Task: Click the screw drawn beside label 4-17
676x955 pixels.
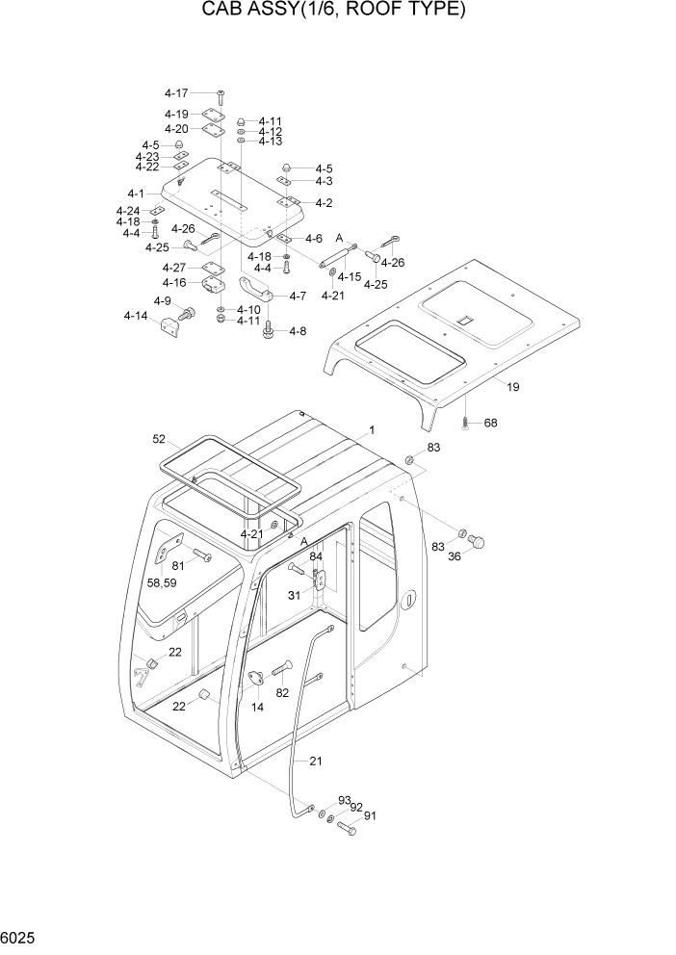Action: coord(220,94)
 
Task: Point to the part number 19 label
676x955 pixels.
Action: coord(513,387)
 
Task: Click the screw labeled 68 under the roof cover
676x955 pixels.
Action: coord(465,422)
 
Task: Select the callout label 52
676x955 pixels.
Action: coord(159,439)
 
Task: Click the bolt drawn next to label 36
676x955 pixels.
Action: coord(474,541)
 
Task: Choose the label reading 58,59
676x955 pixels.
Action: coord(161,583)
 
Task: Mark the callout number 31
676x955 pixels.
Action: coord(294,595)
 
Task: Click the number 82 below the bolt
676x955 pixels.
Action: coord(282,693)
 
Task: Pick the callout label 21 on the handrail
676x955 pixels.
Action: coord(315,761)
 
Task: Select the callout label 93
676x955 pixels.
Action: coord(344,801)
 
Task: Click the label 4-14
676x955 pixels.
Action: coord(135,316)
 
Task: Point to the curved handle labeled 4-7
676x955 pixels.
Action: coord(255,287)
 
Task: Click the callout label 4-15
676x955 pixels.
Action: coord(349,277)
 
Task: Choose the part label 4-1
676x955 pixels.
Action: coord(135,194)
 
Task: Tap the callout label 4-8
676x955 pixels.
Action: coord(297,331)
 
